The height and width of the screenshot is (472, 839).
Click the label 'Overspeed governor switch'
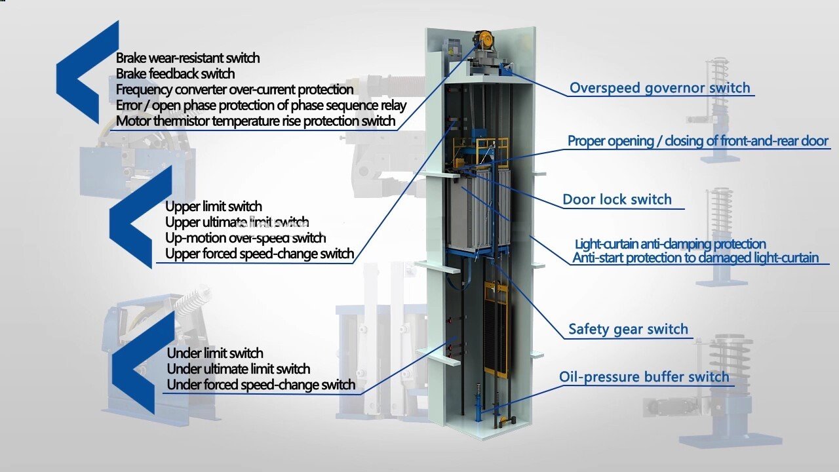click(x=659, y=88)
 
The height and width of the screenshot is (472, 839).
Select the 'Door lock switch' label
click(x=617, y=199)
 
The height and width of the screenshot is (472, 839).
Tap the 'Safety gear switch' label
click(x=628, y=329)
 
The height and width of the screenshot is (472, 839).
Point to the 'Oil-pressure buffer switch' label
click(x=644, y=377)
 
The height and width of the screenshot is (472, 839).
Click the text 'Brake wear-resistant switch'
click(x=187, y=58)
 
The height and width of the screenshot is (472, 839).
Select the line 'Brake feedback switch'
click(x=175, y=73)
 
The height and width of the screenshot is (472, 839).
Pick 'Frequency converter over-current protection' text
click(x=235, y=89)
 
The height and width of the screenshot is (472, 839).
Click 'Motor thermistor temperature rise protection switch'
click(x=256, y=121)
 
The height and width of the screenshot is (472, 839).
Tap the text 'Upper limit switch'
click(x=213, y=206)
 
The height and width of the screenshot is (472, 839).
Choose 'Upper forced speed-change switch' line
click(x=260, y=253)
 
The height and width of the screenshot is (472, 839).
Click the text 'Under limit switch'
click(x=215, y=353)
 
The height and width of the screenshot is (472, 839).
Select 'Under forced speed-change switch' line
click(x=261, y=385)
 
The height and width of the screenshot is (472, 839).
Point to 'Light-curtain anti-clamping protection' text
click(x=670, y=245)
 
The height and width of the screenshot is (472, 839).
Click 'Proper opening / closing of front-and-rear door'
click(x=698, y=141)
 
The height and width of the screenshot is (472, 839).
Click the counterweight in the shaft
click(x=495, y=328)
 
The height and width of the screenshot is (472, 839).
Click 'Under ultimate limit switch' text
click(x=239, y=369)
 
